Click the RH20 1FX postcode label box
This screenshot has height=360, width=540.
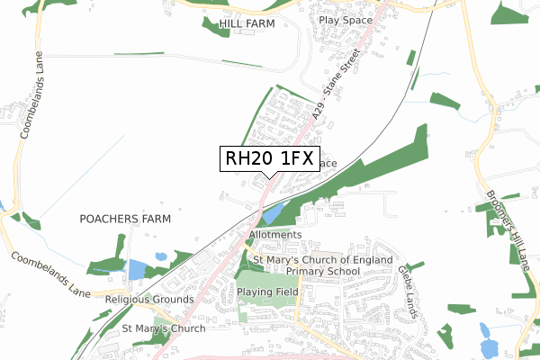tap(268, 159)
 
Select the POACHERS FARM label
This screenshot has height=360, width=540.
tap(125, 219)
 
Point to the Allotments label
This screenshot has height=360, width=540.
tap(274, 235)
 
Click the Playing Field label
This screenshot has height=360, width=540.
tap(267, 292)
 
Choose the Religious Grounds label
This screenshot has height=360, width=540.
tap(148, 299)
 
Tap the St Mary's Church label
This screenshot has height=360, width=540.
tap(164, 328)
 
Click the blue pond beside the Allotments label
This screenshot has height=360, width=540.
tap(274, 214)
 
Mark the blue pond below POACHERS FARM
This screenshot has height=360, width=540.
tap(137, 269)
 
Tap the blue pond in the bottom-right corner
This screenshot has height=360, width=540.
tap(489, 346)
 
